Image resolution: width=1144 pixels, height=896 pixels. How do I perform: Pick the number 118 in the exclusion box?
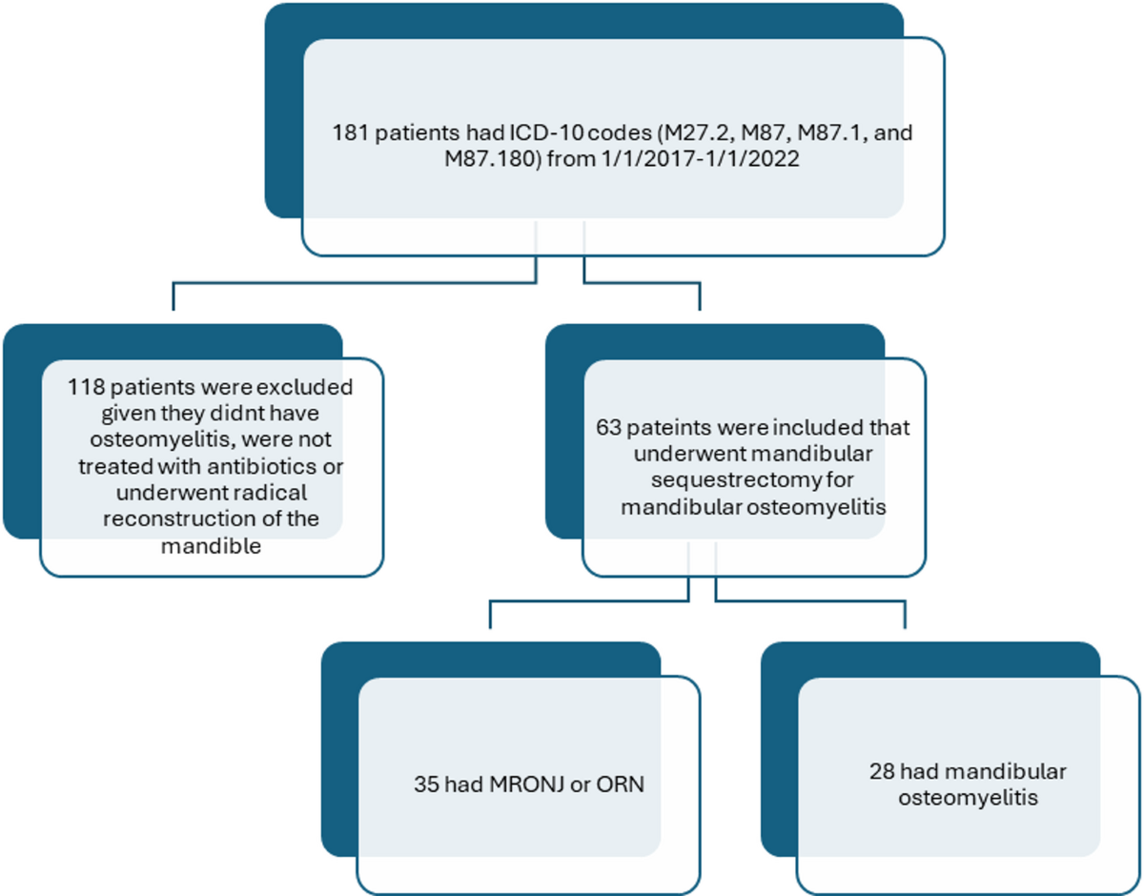click(x=84, y=388)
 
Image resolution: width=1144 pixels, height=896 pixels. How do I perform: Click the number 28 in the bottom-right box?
click(x=882, y=770)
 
